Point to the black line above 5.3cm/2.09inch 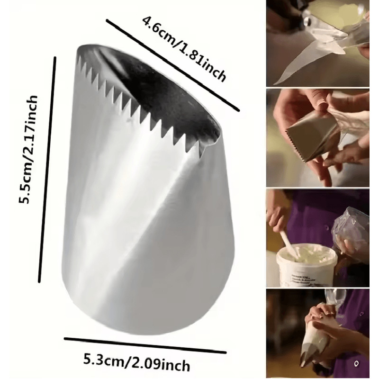[x=138, y=345]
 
